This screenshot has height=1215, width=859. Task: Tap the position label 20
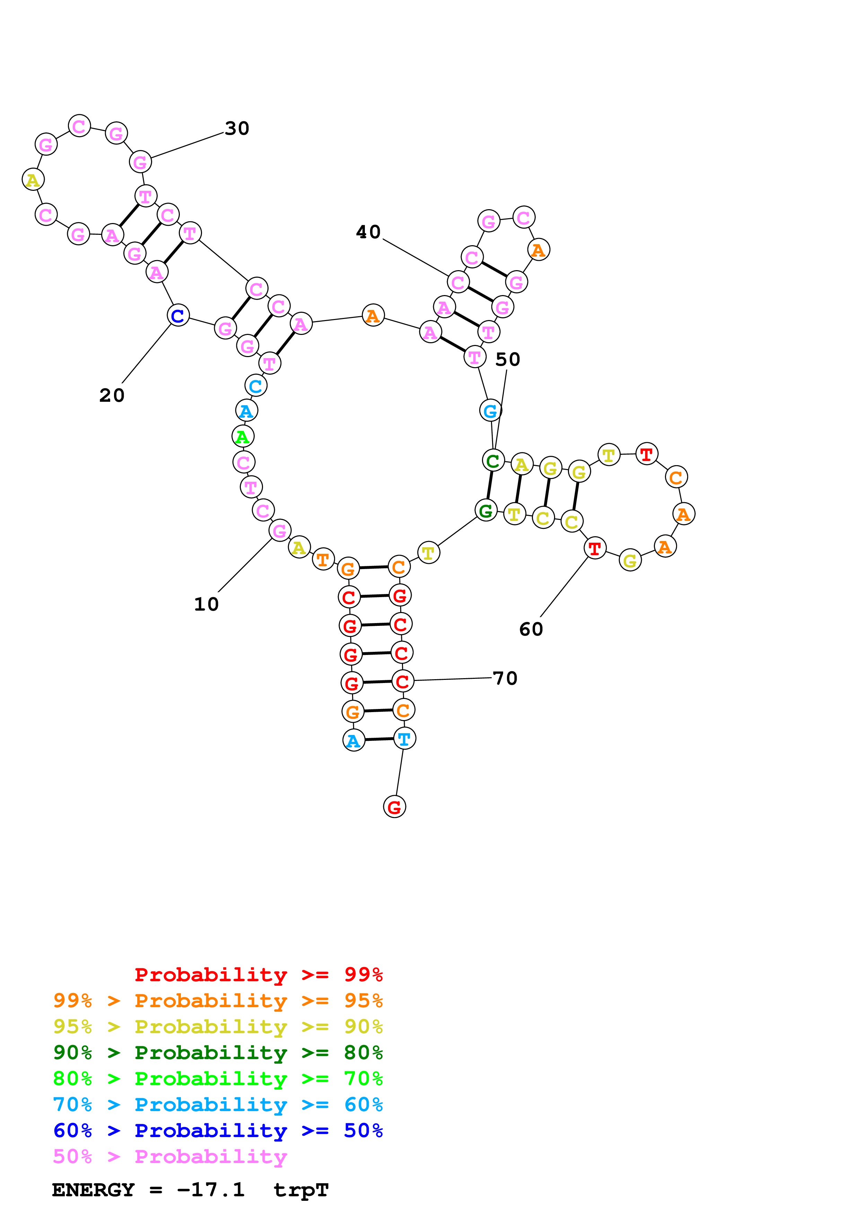[x=112, y=395]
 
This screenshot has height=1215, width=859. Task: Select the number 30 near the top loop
[x=237, y=128]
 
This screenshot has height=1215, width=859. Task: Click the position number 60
[x=531, y=629]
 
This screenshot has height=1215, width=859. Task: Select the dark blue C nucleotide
[x=178, y=316]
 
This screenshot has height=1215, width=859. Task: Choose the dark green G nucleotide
[x=486, y=511]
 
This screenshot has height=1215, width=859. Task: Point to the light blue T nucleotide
[x=404, y=739]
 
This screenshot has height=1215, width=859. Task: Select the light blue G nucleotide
[x=491, y=411]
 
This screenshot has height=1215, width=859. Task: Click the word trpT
[x=301, y=1190]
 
